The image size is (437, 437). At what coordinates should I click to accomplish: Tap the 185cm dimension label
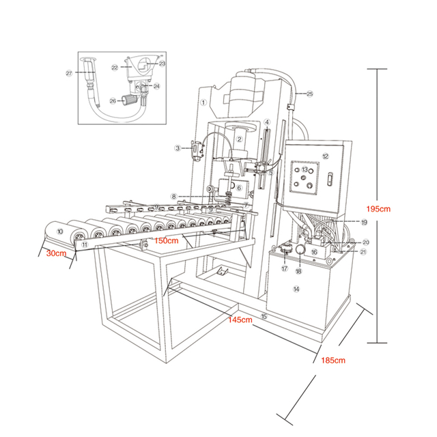pos(333,360)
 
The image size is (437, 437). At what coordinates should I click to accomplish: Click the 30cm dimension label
pos(57,254)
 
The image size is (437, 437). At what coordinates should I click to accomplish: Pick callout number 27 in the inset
pos(69,73)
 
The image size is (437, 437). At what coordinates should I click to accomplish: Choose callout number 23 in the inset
pos(163,63)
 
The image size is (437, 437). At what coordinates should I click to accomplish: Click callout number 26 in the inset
pos(114,101)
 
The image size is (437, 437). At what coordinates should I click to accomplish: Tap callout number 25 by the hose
pos(309,93)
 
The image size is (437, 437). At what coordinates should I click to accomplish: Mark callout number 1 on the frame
pos(203,102)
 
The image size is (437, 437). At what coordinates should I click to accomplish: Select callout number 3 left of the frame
pos(177,147)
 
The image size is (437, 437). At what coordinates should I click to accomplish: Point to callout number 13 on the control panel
pos(305,169)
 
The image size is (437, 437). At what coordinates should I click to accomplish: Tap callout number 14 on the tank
pos(296,290)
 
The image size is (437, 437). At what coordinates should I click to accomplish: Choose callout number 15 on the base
pos(264,316)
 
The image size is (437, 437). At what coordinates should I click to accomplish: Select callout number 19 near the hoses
pos(364,222)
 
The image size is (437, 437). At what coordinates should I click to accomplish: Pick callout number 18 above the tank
pos(298,271)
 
